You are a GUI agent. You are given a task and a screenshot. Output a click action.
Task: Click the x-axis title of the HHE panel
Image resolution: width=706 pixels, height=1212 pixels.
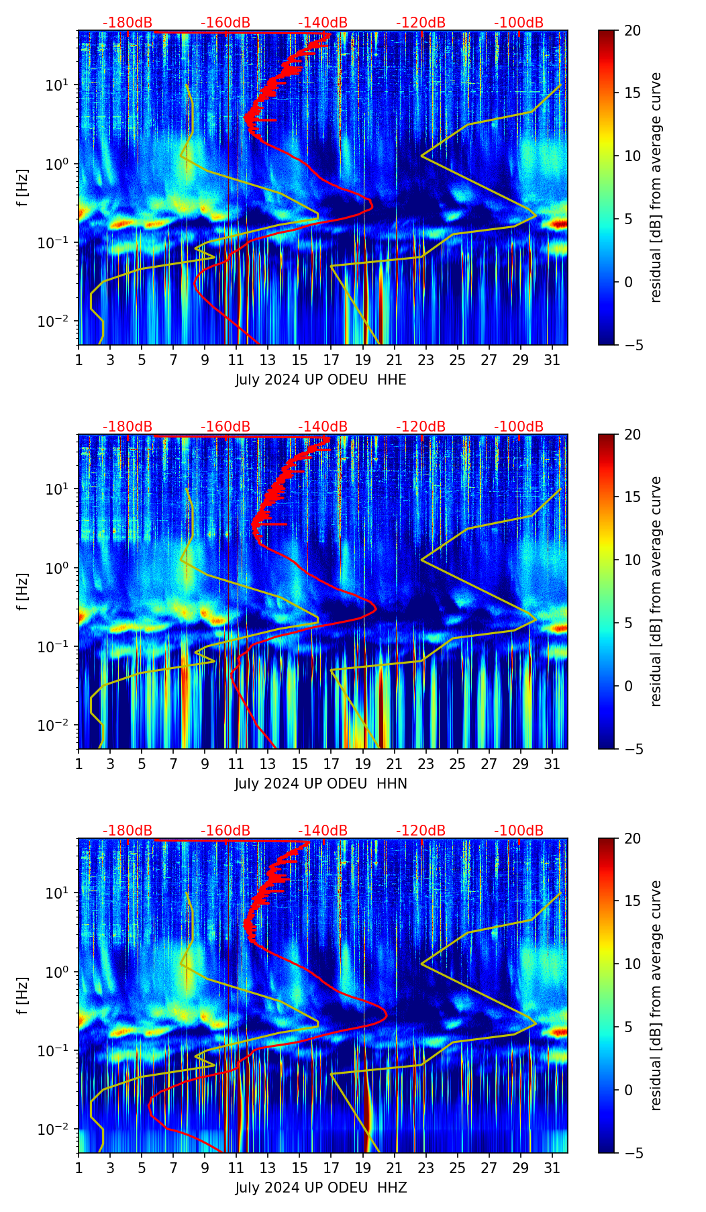(x=321, y=380)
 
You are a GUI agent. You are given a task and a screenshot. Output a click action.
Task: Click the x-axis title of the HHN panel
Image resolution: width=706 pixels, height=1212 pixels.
(x=321, y=784)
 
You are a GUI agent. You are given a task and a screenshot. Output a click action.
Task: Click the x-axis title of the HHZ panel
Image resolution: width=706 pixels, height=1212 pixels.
(x=321, y=1188)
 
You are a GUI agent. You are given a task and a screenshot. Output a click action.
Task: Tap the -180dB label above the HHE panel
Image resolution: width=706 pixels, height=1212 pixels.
(x=128, y=23)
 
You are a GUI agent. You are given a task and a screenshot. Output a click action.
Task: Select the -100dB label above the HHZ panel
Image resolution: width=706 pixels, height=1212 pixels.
(x=519, y=831)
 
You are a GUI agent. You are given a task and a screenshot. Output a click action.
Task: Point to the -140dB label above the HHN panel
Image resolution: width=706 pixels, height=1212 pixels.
(x=323, y=427)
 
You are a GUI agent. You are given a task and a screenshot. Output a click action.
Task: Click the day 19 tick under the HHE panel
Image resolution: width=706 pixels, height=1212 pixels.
(x=363, y=360)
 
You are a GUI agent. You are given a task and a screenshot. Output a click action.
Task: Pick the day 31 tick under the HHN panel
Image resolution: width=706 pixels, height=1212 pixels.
(x=552, y=764)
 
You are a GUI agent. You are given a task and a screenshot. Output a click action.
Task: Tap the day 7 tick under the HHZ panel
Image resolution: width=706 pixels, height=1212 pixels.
(x=173, y=1168)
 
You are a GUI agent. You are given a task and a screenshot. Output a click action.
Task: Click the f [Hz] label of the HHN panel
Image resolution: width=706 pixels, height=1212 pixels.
(x=23, y=591)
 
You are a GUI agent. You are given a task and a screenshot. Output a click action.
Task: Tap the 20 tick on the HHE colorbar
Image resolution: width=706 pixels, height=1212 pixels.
(x=633, y=31)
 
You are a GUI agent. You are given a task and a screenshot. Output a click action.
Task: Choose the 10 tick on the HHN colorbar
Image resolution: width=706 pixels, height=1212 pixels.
(x=633, y=560)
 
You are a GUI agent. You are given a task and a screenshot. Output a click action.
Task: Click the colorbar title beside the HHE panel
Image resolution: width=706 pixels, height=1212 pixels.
(x=656, y=187)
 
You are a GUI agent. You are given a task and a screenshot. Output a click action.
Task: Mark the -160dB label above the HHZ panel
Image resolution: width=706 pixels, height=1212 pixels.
(x=225, y=831)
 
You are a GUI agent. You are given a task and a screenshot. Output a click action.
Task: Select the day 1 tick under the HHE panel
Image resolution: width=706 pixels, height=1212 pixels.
(x=79, y=360)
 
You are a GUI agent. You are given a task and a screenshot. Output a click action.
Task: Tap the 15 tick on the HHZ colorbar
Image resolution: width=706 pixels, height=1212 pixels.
(x=633, y=901)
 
